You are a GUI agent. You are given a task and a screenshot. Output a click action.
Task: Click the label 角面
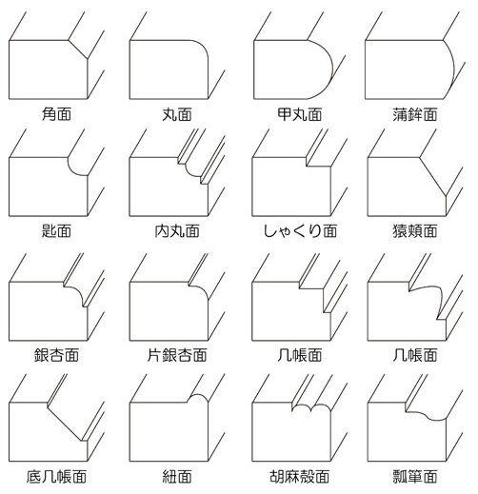56,114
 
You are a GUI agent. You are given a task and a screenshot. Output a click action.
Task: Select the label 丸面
177,114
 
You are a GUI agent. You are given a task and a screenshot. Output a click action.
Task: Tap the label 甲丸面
300,114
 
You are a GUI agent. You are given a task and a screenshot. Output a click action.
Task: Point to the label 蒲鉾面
415,114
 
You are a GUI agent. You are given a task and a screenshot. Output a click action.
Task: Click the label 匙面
56,231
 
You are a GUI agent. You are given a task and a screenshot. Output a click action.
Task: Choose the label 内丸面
177,231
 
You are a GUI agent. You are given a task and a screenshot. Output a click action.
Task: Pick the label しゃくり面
300,231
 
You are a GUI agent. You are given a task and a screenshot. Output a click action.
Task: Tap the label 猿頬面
415,231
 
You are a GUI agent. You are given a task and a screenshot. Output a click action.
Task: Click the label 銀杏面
56,355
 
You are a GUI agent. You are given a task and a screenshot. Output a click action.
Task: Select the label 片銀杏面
177,355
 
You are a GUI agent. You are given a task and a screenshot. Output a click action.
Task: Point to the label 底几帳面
56,477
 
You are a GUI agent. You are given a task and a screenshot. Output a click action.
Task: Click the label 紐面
177,477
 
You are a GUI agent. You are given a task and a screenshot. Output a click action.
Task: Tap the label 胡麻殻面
300,477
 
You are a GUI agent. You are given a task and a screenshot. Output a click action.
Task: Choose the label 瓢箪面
415,477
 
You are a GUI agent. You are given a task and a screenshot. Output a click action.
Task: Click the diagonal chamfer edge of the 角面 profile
78,49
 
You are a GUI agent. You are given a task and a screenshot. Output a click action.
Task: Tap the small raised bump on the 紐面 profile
197,395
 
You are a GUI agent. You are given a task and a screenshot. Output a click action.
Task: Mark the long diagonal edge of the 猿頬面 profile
433,177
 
